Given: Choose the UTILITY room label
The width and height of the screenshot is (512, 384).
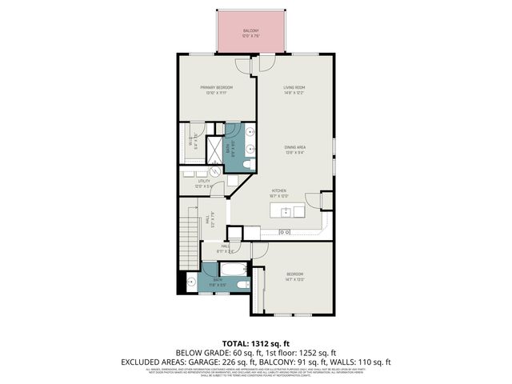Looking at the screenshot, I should pos(205,182).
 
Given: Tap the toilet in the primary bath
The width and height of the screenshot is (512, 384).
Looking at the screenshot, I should pos(247,165).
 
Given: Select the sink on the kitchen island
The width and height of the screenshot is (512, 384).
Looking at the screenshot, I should pos(286,212).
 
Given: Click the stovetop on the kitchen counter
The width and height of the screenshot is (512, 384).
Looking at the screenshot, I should pos(286,232).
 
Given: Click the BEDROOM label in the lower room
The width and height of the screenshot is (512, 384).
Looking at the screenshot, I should pos(295,275).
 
